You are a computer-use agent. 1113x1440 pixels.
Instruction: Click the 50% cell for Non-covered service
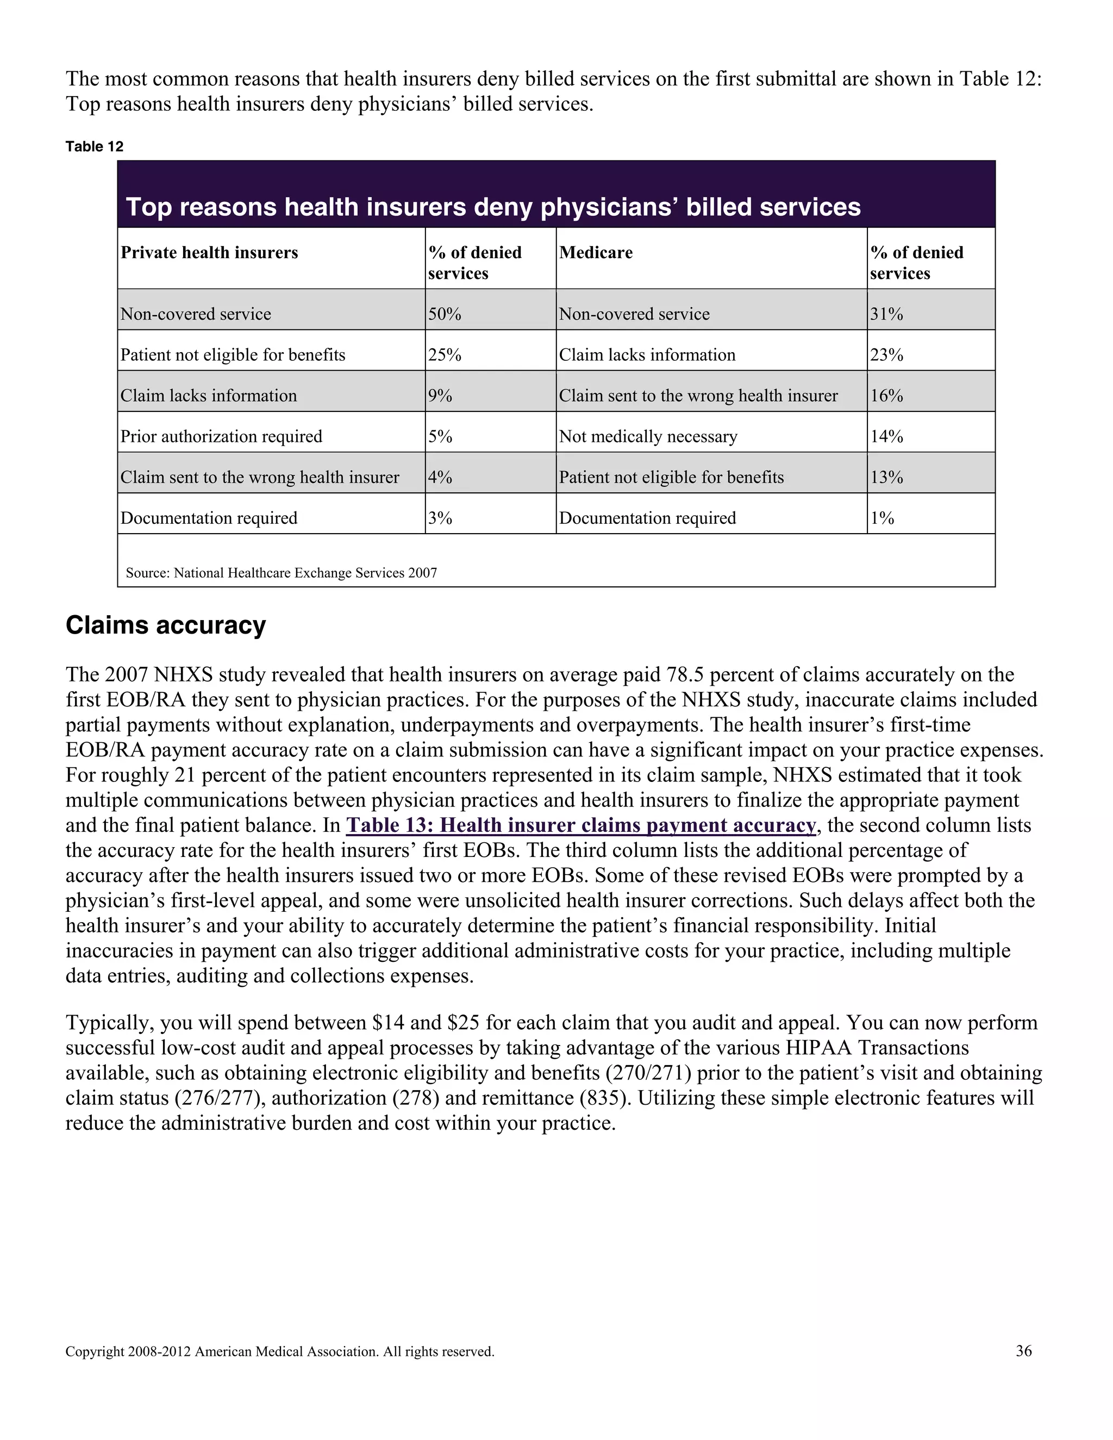click(445, 314)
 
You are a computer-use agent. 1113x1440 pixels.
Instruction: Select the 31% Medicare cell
click(886, 314)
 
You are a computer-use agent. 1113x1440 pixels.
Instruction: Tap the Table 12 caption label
click(94, 146)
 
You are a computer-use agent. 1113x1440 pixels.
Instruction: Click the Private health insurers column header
click(209, 253)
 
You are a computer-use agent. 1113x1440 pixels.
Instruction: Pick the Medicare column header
click(596, 253)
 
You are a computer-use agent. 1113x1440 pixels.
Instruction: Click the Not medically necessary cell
click(648, 436)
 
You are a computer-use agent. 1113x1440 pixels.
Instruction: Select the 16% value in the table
click(886, 396)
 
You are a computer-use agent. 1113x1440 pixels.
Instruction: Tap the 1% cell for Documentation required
click(882, 518)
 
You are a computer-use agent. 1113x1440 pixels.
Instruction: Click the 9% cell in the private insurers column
click(440, 396)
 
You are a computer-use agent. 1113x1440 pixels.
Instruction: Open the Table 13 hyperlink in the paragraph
click(581, 825)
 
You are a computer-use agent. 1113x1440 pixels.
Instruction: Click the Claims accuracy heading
click(166, 625)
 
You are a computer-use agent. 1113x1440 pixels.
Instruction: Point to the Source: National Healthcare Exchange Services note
click(282, 573)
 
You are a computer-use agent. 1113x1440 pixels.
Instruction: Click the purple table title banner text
click(493, 207)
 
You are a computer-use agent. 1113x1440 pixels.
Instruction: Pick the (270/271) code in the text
click(648, 1073)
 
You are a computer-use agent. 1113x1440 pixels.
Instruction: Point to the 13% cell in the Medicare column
click(886, 477)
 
